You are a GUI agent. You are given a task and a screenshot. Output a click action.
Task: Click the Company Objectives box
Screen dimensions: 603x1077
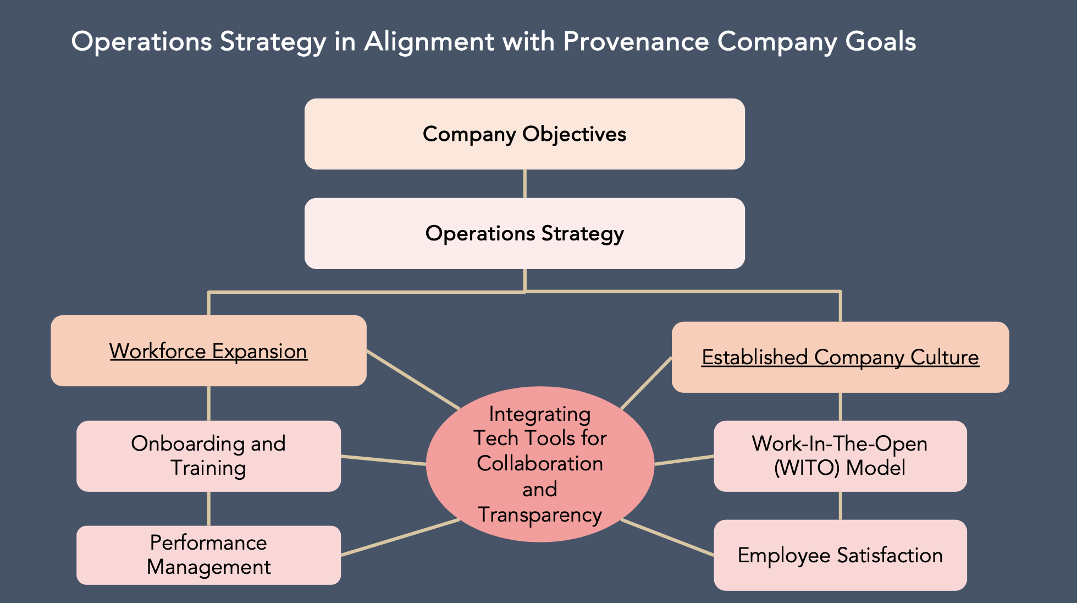(x=524, y=134)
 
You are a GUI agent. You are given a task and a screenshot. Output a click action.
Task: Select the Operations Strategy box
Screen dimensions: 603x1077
(x=524, y=233)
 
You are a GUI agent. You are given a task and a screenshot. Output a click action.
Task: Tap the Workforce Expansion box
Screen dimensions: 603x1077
(x=208, y=350)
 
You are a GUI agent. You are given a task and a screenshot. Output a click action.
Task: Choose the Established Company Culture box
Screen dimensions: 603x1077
(x=840, y=357)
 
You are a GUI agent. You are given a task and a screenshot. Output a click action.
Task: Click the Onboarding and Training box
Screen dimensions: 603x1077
(x=208, y=456)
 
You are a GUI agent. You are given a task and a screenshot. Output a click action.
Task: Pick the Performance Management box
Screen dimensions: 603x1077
(x=208, y=555)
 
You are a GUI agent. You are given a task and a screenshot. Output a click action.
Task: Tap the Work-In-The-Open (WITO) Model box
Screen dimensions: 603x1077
(x=840, y=456)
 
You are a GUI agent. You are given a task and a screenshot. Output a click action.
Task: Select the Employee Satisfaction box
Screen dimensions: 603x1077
(x=840, y=555)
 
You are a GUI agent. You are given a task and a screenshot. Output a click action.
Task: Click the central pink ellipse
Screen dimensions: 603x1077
(x=540, y=464)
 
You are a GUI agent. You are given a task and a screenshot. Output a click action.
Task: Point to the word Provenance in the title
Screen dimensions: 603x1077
(x=636, y=42)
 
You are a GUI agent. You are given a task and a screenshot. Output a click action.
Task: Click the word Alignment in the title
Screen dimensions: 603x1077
(x=429, y=42)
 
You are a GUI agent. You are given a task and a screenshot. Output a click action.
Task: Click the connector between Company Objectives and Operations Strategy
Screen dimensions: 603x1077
(x=524, y=184)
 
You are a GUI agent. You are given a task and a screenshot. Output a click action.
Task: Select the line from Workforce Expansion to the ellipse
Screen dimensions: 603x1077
(x=413, y=379)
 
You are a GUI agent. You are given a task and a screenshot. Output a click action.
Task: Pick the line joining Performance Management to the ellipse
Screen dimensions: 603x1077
(x=400, y=537)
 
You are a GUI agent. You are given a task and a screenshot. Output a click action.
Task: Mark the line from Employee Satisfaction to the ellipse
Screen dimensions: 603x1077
(x=667, y=538)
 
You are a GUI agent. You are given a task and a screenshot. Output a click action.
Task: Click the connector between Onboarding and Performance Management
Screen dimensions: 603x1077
(x=208, y=508)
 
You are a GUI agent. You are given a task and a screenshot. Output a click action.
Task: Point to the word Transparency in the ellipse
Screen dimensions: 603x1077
(x=540, y=515)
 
